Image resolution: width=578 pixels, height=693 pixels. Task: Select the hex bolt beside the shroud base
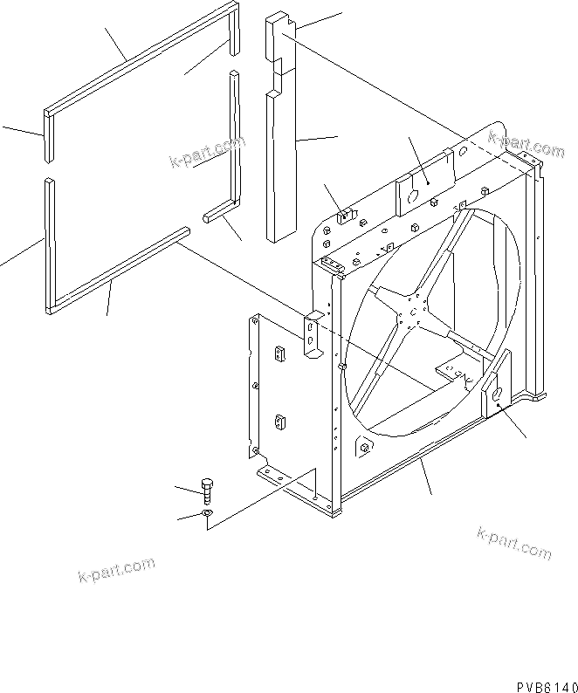207,490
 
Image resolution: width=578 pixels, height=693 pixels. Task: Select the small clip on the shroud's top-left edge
346,213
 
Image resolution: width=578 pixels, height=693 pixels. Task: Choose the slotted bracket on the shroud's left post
312,335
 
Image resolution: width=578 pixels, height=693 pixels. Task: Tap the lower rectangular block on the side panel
282,422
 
